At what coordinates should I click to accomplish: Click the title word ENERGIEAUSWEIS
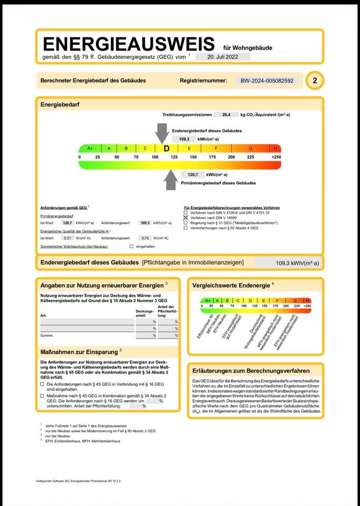(x=129, y=44)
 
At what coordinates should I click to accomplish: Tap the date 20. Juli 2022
(x=222, y=57)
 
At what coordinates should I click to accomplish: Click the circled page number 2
(x=315, y=81)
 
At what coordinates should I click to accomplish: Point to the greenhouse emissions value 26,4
(x=227, y=114)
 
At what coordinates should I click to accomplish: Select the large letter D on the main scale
(x=167, y=149)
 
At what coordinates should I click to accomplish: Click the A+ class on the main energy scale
(x=90, y=149)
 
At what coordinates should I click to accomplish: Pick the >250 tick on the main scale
(x=276, y=157)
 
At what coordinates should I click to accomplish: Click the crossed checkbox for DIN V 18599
(x=186, y=217)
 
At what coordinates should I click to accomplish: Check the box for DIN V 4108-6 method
(x=186, y=212)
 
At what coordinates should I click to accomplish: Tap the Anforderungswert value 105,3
(x=145, y=223)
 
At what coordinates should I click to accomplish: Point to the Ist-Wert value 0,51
(x=67, y=238)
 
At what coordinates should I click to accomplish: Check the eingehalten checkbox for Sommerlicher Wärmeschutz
(x=131, y=246)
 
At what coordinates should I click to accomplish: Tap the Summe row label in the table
(x=47, y=335)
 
